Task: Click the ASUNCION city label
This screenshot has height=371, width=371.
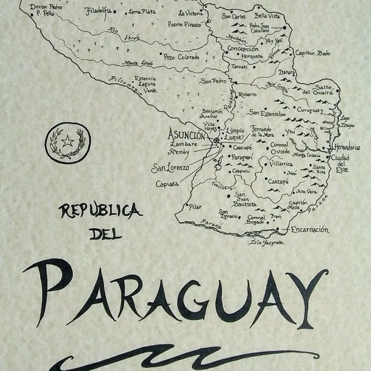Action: (x=188, y=135)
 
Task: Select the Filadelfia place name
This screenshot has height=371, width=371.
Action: (x=100, y=11)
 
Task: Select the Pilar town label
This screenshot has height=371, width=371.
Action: (x=196, y=208)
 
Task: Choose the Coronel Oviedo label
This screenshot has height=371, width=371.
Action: (x=279, y=149)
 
